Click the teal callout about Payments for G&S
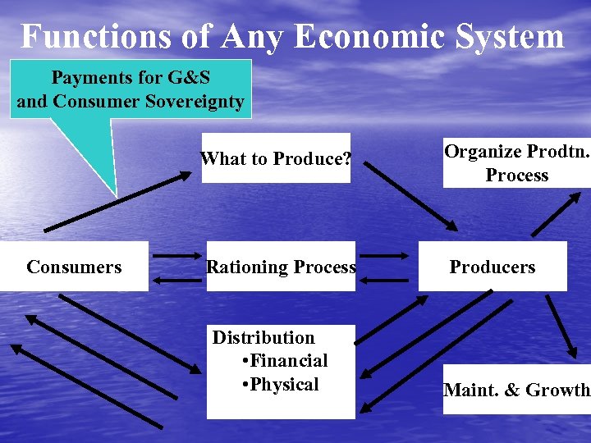pos(131,89)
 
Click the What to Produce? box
pos(276,158)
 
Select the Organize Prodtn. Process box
pos(516,163)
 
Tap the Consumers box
pos(74,267)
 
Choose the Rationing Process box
pos(281,267)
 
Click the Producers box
pos(492,267)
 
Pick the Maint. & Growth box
pos(516,390)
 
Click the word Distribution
pos(263,337)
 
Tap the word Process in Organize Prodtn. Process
pos(517,175)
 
